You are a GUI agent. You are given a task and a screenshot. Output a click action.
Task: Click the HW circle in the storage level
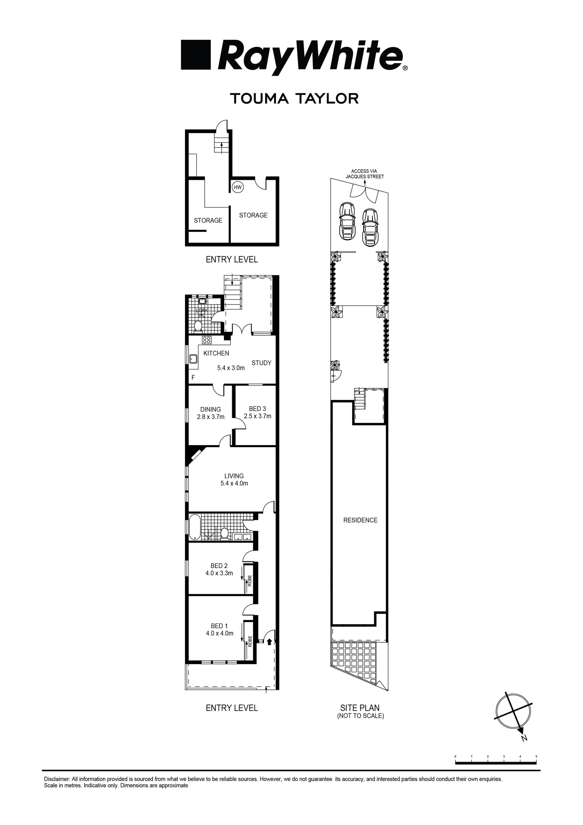click(x=237, y=187)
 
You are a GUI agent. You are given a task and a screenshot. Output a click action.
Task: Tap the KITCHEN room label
click(x=216, y=353)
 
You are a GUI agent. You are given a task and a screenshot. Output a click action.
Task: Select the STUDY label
click(x=261, y=363)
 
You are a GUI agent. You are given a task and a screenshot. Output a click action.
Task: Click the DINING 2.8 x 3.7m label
click(x=210, y=413)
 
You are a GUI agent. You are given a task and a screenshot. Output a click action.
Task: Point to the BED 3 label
click(x=257, y=412)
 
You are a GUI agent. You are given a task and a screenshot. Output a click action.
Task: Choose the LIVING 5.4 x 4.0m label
click(x=234, y=480)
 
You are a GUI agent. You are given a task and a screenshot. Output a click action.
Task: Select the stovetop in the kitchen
click(x=206, y=340)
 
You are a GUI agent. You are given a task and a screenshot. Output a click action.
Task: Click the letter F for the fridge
click(x=193, y=378)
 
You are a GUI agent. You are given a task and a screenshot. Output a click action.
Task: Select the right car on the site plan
click(x=370, y=226)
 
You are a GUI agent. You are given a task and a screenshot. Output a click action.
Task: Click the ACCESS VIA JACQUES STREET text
click(x=365, y=174)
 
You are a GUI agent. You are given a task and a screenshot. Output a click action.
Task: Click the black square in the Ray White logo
click(x=196, y=55)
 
